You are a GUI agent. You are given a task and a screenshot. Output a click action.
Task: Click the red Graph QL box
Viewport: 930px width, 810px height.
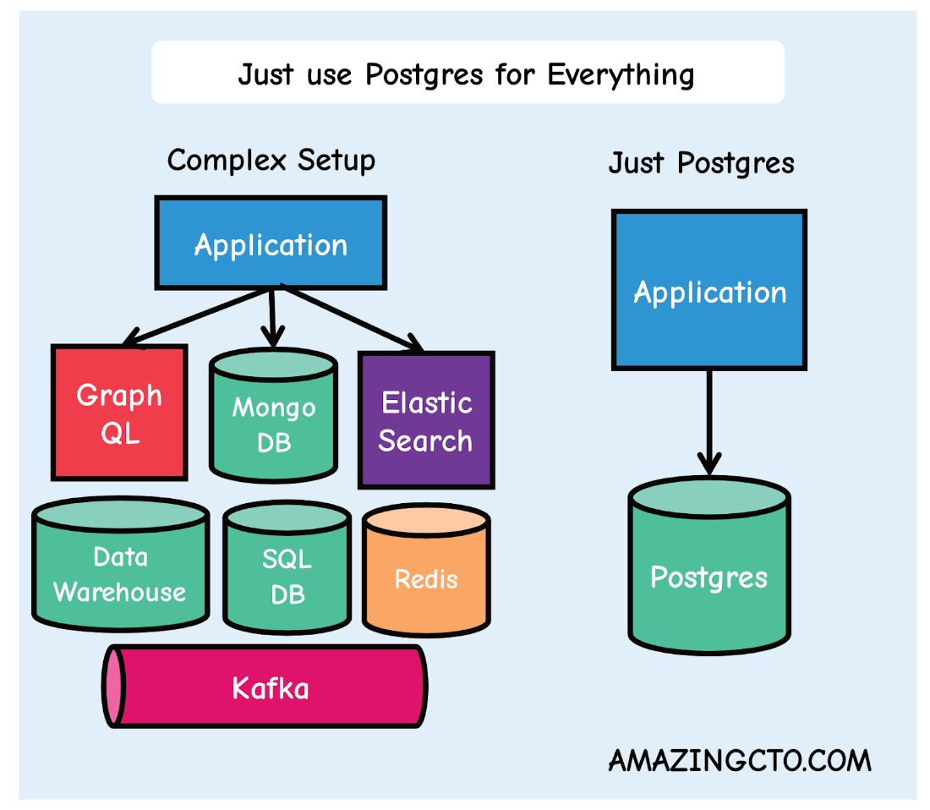119,413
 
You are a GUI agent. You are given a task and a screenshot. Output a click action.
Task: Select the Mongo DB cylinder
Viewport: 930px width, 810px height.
273,423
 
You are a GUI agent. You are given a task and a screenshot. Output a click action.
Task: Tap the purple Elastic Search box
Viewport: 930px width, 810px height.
426,420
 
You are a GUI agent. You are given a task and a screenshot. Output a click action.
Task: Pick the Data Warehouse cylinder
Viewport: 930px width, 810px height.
119,573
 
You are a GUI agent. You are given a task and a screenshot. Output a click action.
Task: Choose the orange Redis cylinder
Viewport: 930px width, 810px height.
426,578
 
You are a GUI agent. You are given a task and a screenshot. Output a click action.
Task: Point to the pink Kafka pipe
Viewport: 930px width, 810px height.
271,687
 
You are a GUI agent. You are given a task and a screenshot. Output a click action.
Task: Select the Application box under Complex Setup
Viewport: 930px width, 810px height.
271,244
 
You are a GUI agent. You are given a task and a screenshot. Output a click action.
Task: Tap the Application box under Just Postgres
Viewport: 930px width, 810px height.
709,291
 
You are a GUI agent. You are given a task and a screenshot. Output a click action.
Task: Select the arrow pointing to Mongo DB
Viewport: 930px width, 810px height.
271,318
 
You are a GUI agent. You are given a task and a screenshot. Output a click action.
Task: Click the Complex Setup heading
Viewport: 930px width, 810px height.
271,160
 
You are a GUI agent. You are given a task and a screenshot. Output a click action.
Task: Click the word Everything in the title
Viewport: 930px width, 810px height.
621,74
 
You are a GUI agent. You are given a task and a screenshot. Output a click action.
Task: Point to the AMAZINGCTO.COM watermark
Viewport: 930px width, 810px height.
739,760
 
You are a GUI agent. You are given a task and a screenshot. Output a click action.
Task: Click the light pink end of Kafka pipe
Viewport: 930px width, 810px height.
113,686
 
